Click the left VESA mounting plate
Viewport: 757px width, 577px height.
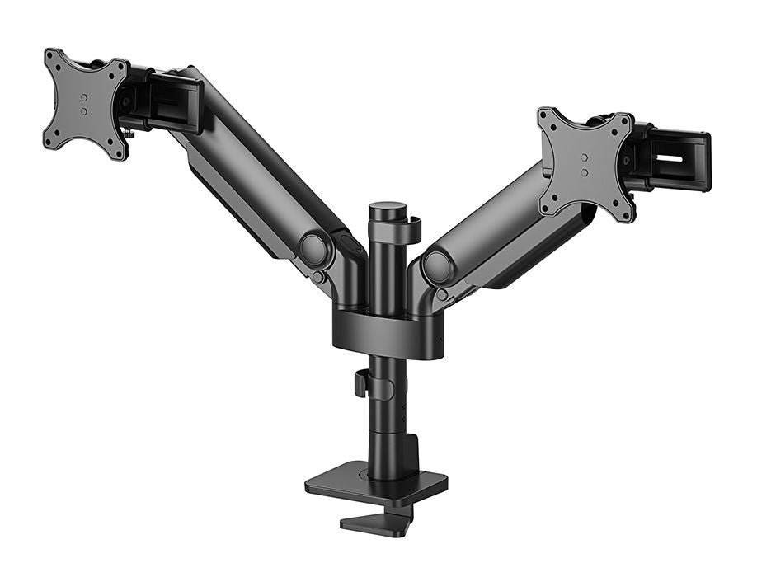tap(85, 103)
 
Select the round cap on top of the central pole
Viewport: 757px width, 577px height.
tap(387, 209)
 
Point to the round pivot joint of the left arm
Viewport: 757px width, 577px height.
tap(313, 249)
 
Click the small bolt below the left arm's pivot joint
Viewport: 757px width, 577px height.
tap(317, 278)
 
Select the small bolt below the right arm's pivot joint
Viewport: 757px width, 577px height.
tap(443, 294)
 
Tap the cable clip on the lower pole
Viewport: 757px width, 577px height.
tap(360, 384)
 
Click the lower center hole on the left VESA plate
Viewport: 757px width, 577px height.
tap(84, 112)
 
